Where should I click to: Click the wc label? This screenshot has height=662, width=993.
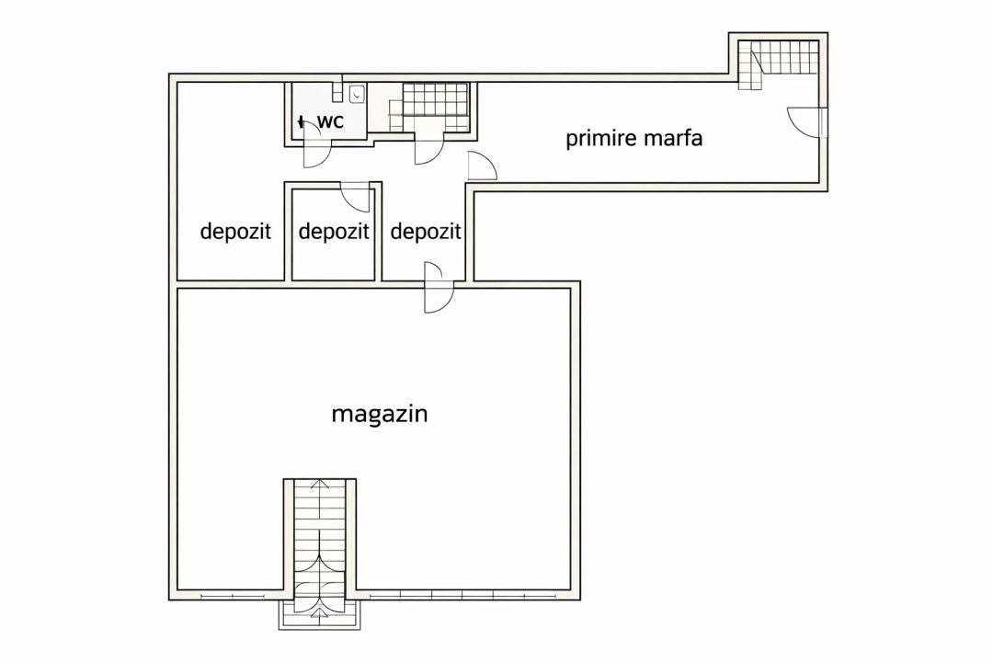point(330,121)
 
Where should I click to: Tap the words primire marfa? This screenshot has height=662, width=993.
point(633,138)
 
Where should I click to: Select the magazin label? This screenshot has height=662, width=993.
point(380,415)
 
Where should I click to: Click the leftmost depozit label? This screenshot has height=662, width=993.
point(235,231)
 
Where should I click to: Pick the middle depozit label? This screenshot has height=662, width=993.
point(333,231)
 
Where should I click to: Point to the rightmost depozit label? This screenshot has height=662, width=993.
point(426,231)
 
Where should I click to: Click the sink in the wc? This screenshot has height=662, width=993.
point(357,95)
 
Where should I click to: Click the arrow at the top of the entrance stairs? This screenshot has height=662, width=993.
point(320,485)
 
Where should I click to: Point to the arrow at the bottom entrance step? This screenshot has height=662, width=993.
point(320,612)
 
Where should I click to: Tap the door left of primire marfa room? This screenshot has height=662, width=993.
point(481,166)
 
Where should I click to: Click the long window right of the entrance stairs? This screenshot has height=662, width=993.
point(463,595)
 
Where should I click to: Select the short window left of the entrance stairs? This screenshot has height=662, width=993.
point(242,595)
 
